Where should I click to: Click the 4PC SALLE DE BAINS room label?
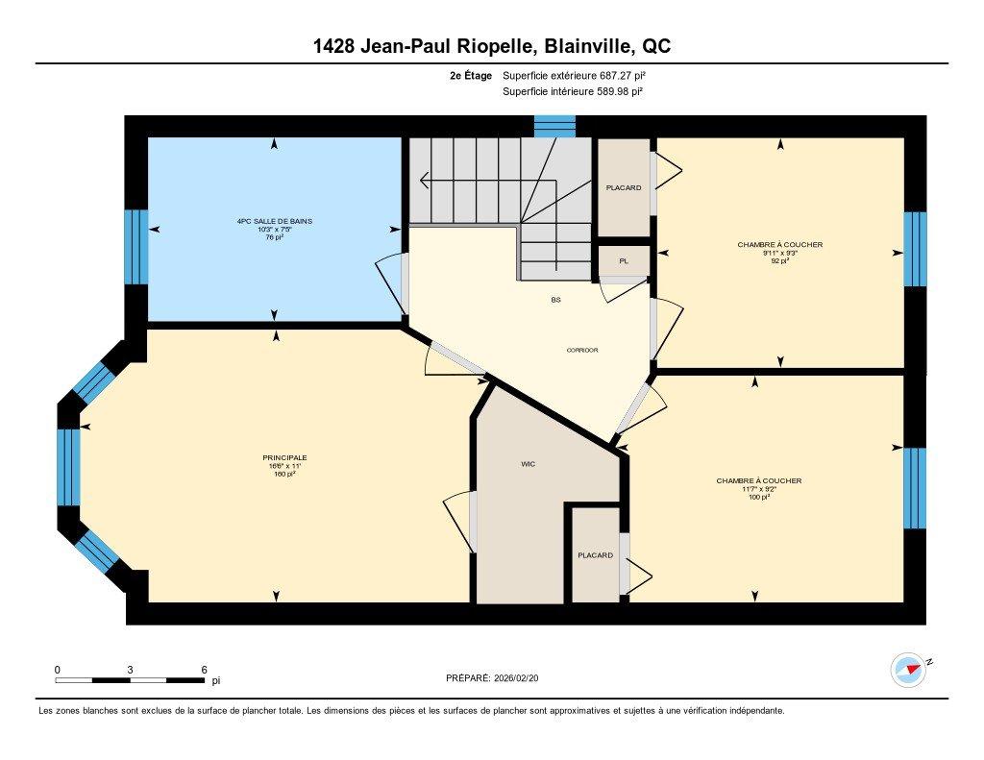click(x=275, y=221)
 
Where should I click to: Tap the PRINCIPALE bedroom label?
click(x=278, y=457)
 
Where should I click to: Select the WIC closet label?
click(x=528, y=464)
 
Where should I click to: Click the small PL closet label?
click(x=623, y=260)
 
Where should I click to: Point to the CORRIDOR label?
click(x=582, y=350)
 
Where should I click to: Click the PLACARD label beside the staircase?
click(x=623, y=187)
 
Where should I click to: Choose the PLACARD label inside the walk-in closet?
click(x=595, y=555)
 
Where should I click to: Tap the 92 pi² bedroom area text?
click(x=779, y=260)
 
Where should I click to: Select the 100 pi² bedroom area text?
click(x=758, y=497)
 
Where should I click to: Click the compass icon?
click(x=908, y=670)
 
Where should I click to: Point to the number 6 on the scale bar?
click(x=204, y=670)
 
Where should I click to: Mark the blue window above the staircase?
click(x=554, y=126)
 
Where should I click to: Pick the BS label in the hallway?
click(x=555, y=300)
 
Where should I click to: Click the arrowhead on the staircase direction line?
click(x=423, y=180)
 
